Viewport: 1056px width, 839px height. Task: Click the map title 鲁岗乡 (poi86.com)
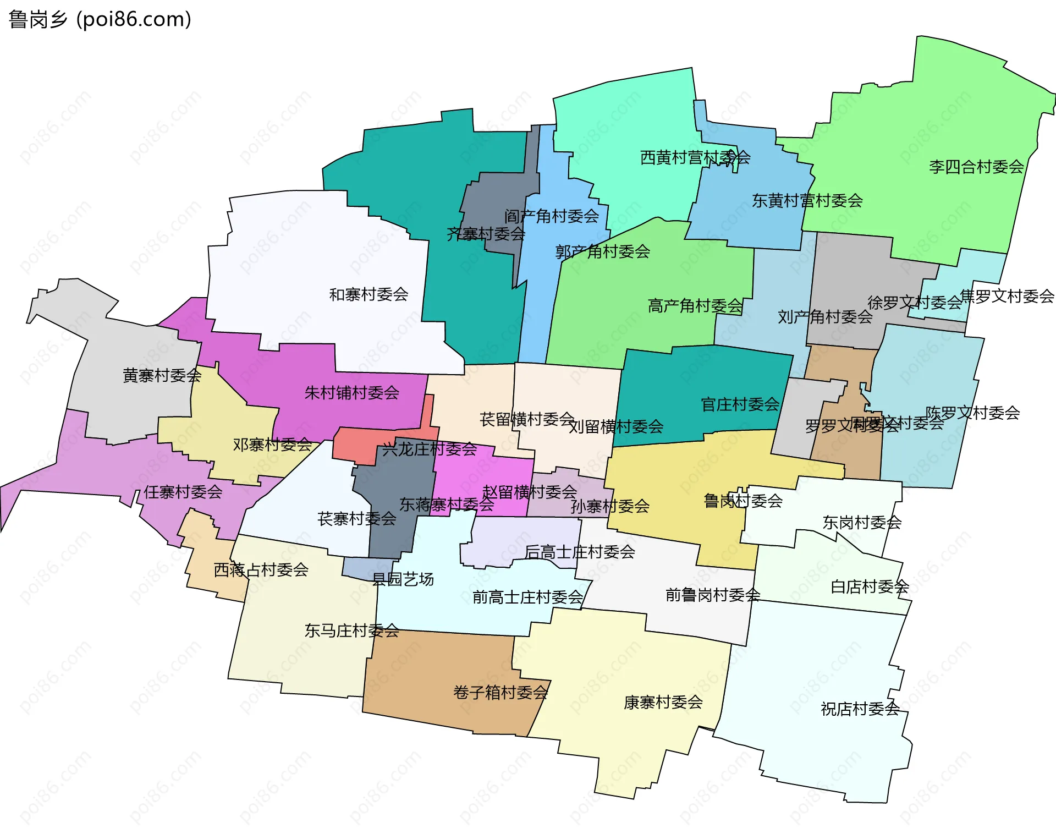click(100, 19)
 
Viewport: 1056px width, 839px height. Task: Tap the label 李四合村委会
click(976, 167)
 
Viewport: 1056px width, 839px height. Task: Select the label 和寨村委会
click(369, 294)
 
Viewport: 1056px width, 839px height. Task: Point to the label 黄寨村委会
click(162, 376)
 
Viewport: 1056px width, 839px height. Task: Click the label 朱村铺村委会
click(351, 393)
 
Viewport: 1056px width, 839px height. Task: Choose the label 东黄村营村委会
click(807, 201)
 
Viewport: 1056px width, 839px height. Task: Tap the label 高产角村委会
click(695, 305)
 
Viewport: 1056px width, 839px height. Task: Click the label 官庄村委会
click(740, 404)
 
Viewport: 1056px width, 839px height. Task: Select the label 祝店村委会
click(860, 709)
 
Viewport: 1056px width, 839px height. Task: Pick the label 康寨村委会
click(663, 702)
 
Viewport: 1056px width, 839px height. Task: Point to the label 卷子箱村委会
click(501, 692)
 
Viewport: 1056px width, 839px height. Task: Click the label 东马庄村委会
click(351, 630)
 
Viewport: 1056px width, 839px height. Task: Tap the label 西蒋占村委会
click(261, 569)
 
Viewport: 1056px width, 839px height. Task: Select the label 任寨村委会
click(183, 492)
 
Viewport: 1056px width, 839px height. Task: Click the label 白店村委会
click(870, 587)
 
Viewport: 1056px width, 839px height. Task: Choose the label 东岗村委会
click(862, 522)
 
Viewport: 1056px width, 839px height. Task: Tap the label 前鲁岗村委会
click(713, 595)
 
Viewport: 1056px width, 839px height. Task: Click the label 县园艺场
click(403, 579)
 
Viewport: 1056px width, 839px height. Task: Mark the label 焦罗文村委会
click(1007, 297)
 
